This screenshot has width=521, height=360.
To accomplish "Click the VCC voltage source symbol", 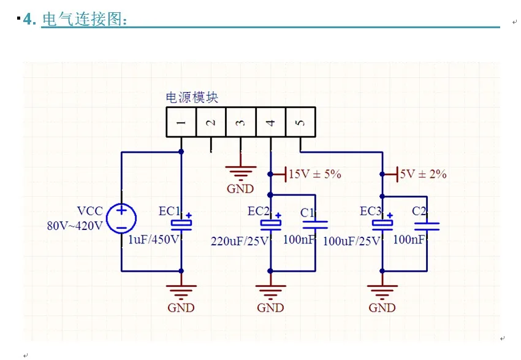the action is point(121,218).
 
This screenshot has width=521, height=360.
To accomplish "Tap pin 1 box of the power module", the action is point(181,122).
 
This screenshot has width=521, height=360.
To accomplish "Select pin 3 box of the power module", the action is point(241,122).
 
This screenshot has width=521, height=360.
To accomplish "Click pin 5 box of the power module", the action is point(300,122).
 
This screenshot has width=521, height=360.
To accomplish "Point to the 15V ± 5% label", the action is point(315,174).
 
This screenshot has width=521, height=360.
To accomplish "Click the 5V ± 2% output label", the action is point(423,174).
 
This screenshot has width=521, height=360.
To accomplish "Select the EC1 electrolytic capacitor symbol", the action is point(181,224).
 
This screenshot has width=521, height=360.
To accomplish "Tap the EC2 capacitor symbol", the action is point(271,224).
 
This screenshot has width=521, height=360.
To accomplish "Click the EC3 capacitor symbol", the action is point(382,224).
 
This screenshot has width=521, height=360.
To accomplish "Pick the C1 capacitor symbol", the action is point(315,225).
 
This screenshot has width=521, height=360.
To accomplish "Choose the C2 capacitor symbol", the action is point(427,226).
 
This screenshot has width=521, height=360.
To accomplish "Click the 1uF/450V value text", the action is point(154,239).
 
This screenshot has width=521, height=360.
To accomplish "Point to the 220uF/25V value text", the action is point(240,241).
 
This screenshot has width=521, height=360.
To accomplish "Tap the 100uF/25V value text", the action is point(352,241).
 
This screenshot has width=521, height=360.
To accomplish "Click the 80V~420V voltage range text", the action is point(75,226).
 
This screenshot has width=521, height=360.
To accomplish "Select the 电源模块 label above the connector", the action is point(192,98).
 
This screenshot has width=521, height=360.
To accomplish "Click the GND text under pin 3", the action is point(240,189).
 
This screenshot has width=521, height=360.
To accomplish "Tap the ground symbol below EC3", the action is point(382,291).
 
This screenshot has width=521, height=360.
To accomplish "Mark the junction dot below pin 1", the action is point(181,152).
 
